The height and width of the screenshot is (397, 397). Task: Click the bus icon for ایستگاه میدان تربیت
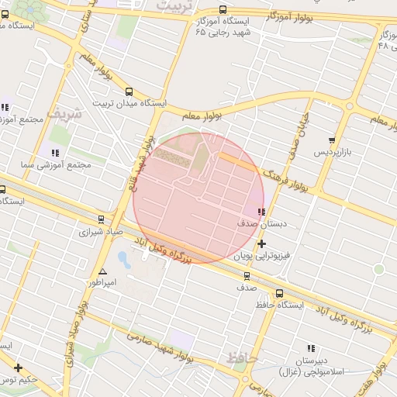pos(128,90)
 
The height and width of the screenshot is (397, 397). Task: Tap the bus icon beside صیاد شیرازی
pos(101,219)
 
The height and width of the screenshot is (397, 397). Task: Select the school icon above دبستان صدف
pos(261,212)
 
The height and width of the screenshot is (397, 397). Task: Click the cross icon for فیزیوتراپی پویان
pos(261,243)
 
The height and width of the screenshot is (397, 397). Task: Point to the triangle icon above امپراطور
pos(102,271)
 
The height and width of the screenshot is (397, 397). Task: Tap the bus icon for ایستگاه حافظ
pos(279,293)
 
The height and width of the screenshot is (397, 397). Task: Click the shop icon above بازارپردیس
pos(332,140)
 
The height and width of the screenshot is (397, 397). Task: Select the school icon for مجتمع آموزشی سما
pos(54,153)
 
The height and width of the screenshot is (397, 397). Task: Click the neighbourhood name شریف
pos(64,112)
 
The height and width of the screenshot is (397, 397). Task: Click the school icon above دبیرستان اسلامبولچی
pos(311,349)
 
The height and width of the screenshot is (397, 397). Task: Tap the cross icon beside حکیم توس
pos(17,368)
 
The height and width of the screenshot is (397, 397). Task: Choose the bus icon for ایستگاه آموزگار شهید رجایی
pos(223,10)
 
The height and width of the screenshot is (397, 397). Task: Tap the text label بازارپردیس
pos(333,153)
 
